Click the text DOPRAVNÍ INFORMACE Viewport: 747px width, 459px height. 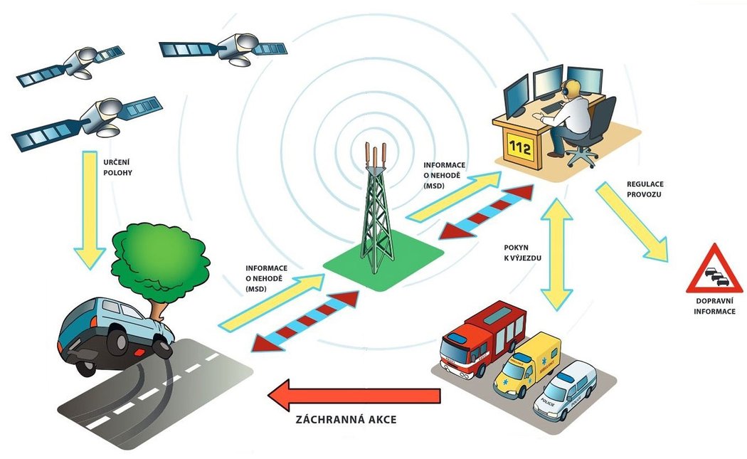pos(714,306)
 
